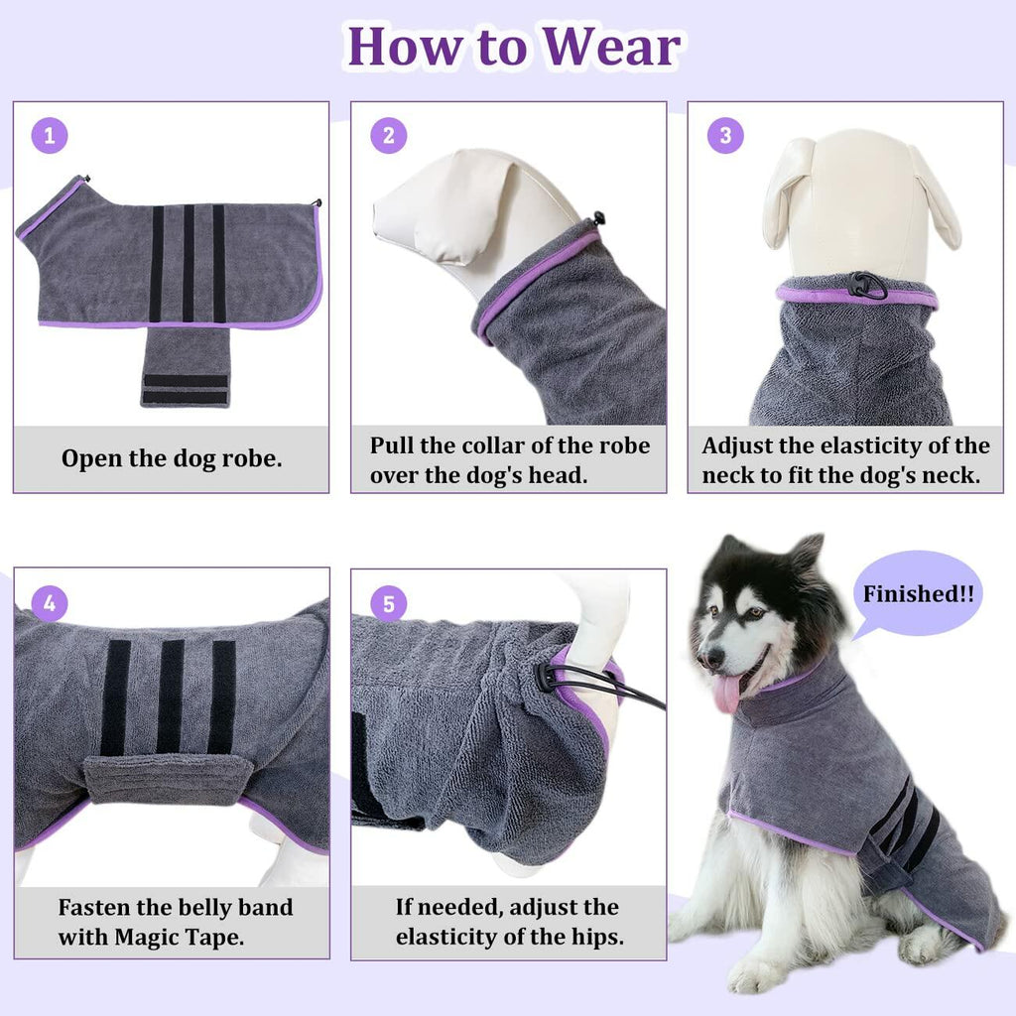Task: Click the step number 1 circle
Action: click(50, 136)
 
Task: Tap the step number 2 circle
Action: click(389, 136)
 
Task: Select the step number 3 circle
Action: click(725, 136)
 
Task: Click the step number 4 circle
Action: click(50, 602)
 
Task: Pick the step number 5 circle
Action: click(389, 602)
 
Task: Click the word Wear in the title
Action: click(612, 46)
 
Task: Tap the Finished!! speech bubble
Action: click(918, 594)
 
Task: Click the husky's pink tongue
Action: click(727, 692)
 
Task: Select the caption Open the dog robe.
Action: click(172, 459)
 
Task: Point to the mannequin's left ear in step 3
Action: click(787, 193)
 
